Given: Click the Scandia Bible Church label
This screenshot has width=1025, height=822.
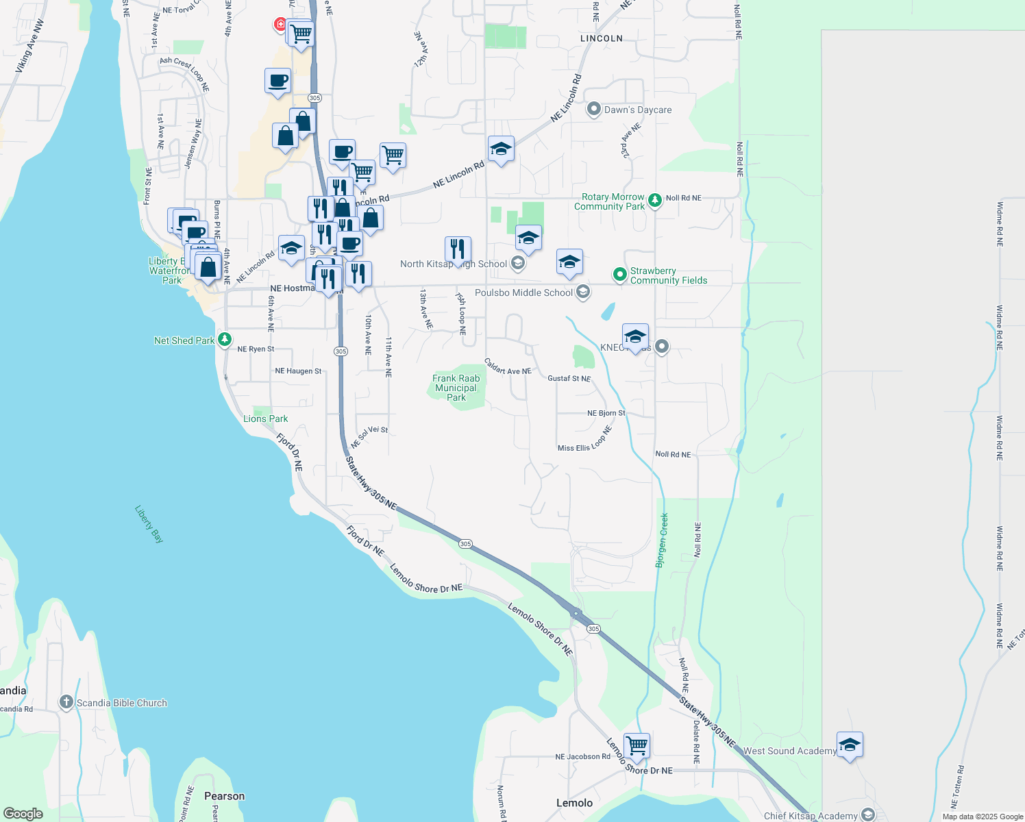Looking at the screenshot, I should [x=121, y=703].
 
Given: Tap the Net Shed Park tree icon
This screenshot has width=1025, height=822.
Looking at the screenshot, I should [x=225, y=340].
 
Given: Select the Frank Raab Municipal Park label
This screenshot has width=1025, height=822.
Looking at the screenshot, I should [x=456, y=388].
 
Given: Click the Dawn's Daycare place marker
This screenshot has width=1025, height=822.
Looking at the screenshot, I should [x=594, y=109].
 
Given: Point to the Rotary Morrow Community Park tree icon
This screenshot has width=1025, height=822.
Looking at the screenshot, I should [x=656, y=200].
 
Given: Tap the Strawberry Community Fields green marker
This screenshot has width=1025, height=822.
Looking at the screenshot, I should [x=620, y=275].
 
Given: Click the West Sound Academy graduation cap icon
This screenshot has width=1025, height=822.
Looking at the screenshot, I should [x=850, y=745].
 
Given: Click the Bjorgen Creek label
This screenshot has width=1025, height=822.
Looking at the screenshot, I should [x=662, y=540].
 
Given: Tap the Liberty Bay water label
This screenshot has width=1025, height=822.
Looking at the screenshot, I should [x=149, y=524].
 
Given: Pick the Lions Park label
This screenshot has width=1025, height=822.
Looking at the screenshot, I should [x=266, y=419].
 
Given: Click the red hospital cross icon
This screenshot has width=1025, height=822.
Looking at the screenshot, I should [x=280, y=25].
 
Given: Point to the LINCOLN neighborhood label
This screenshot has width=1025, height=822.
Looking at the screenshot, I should [x=602, y=38].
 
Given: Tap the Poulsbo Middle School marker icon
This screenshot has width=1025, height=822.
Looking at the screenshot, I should [x=583, y=292].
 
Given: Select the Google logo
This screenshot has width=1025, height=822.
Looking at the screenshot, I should [x=23, y=814].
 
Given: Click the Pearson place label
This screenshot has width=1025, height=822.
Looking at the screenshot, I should [x=224, y=796].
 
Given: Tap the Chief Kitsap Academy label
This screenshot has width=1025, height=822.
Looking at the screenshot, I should [x=811, y=816].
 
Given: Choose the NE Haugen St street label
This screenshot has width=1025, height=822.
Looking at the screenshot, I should [x=298, y=371].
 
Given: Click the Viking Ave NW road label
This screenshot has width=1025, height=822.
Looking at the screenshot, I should [x=29, y=47].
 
